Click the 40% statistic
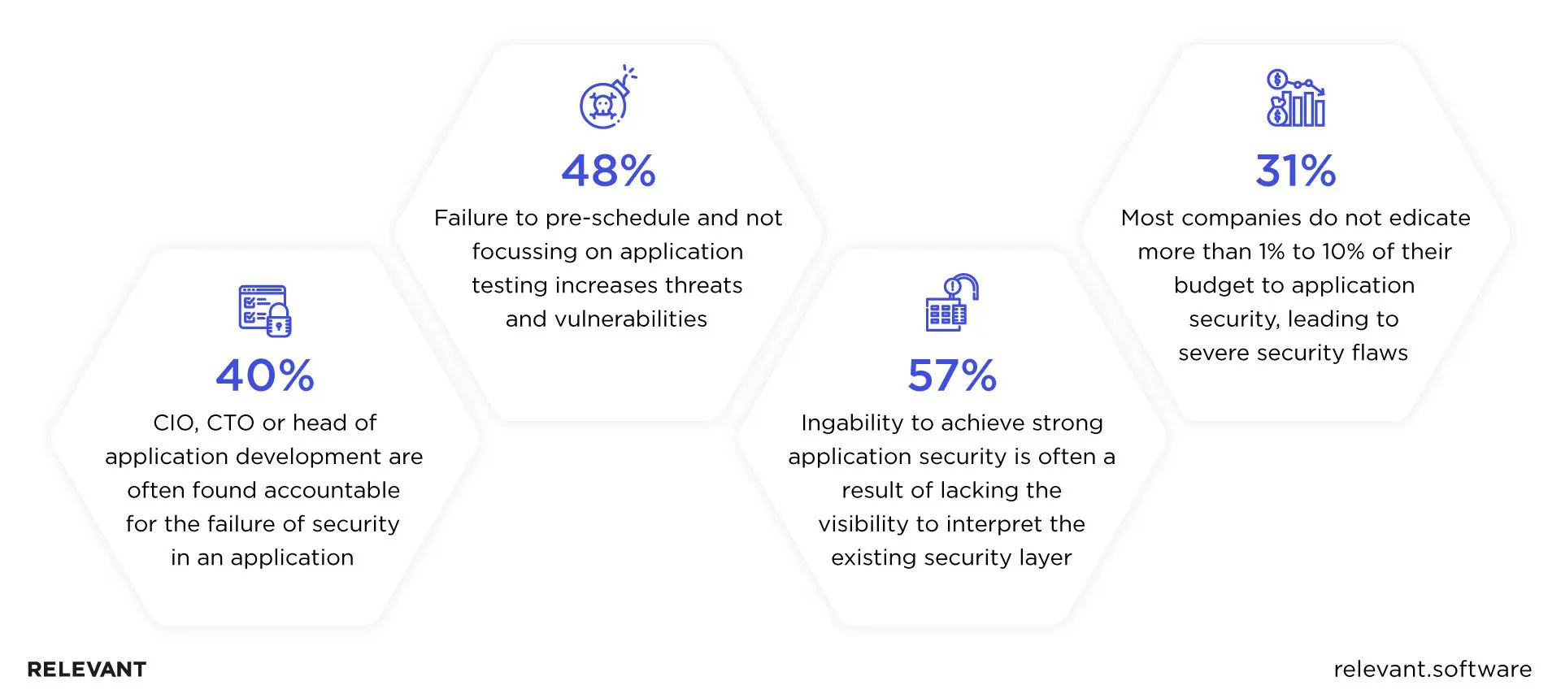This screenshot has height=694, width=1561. point(265,375)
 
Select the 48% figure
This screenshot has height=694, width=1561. point(608,171)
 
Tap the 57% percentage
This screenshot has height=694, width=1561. point(952,375)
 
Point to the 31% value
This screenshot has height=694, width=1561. point(1295,171)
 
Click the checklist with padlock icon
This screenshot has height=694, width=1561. point(265,310)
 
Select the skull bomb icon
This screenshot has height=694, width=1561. point(607,98)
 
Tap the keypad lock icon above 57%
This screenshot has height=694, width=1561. point(951,302)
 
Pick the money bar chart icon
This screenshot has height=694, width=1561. point(1295,98)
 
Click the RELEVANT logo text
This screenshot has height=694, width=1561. point(87,670)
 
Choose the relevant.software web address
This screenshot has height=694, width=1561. point(1433,670)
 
